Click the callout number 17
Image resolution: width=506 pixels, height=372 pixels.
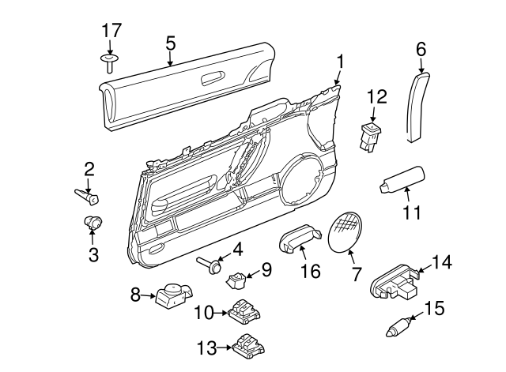tap(111, 32)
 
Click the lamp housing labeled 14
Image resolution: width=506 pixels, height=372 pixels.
tap(394, 283)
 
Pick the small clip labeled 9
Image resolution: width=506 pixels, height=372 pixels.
tap(236, 278)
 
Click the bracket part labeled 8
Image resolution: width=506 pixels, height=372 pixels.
tap(173, 297)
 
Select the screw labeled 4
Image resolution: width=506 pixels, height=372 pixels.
tap(209, 264)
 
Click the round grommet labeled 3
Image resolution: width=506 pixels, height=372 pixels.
tap(94, 224)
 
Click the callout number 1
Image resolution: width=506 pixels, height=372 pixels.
tap(340, 61)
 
